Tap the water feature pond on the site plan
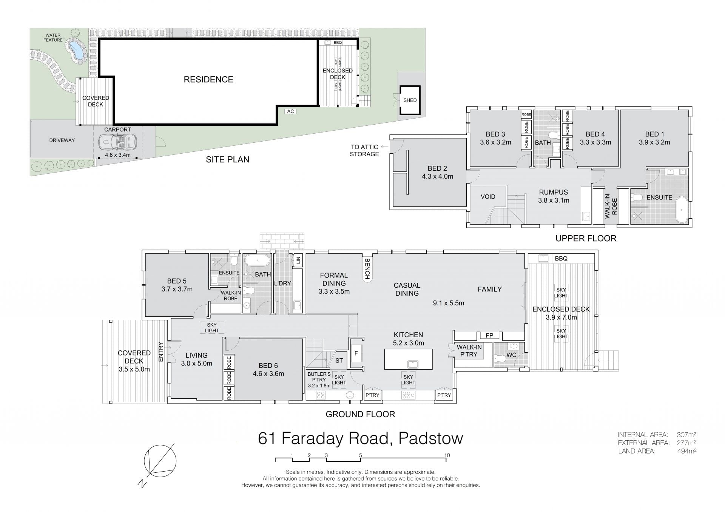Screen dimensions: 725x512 pos(77,51)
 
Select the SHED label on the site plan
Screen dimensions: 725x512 pos(410,100)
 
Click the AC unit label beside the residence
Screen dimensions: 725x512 pos(290,111)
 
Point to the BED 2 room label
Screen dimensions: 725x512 pos(437,168)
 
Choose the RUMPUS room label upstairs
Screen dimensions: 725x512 pos(554,192)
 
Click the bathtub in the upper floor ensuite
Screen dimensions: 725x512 pos(682,210)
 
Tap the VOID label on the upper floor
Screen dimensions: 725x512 pos(488,197)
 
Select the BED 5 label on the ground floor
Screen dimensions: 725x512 pos(177,281)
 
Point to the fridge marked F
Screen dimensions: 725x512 pos(356,354)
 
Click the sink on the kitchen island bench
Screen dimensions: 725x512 pos(412,364)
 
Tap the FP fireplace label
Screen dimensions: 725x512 pos(489,335)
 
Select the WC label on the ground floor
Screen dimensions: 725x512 pos(511,355)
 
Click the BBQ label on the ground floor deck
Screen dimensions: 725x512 pos(561,259)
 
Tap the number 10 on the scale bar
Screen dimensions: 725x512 pos(447,455)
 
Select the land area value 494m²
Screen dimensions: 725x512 pos(687,451)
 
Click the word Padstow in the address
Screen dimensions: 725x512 pos(430,438)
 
